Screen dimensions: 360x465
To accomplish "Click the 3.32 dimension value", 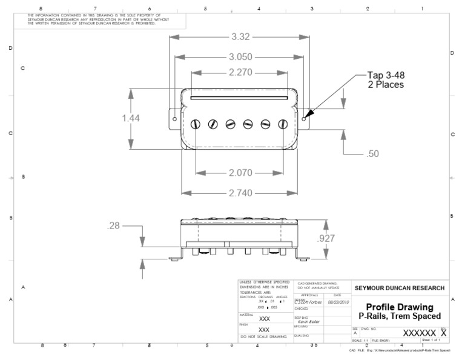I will click(x=240, y=38).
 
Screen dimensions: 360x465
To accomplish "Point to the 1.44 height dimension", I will click(x=131, y=118).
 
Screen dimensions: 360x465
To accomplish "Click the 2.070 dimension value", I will click(x=240, y=173).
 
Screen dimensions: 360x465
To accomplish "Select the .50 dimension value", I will click(x=373, y=154).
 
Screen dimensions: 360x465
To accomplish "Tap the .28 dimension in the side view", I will click(x=113, y=226).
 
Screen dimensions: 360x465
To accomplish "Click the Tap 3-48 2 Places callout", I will click(x=386, y=79).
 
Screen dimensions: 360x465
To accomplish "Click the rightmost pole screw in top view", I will click(x=282, y=124).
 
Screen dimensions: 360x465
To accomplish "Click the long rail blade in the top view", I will click(x=239, y=95).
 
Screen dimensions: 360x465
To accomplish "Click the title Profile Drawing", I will click(x=400, y=307).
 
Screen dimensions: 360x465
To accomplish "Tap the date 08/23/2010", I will click(x=338, y=302).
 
